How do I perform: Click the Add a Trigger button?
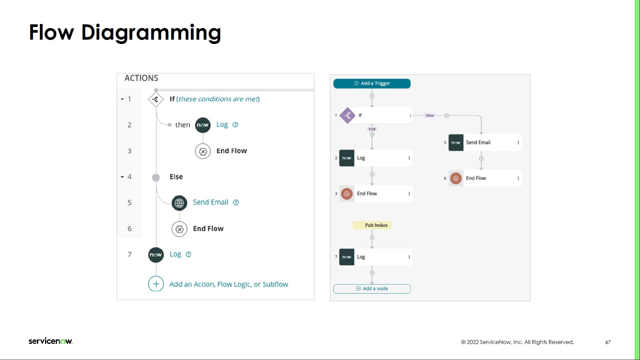[x=372, y=83]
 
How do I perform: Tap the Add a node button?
[x=372, y=289]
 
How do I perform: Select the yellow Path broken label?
[x=372, y=225]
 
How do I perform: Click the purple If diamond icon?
[x=347, y=116]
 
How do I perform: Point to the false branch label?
[x=429, y=116]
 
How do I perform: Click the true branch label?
[x=372, y=129]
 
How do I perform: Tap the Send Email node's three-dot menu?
[x=518, y=143]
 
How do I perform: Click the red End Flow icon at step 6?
[x=456, y=178]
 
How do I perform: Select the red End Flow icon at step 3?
[x=347, y=194]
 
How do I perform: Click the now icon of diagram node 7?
[x=347, y=257]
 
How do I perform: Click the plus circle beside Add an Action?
[x=156, y=284]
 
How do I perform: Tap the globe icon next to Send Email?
[x=179, y=203]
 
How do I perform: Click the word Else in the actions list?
[x=176, y=177]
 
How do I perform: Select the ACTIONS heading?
[x=141, y=78]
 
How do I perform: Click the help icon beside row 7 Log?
[x=188, y=254]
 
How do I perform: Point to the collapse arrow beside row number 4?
[x=122, y=177]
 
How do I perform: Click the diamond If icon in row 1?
[x=156, y=99]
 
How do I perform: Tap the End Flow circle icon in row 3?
[x=203, y=151]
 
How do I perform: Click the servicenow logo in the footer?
[x=50, y=341]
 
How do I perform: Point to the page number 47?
[x=608, y=342]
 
